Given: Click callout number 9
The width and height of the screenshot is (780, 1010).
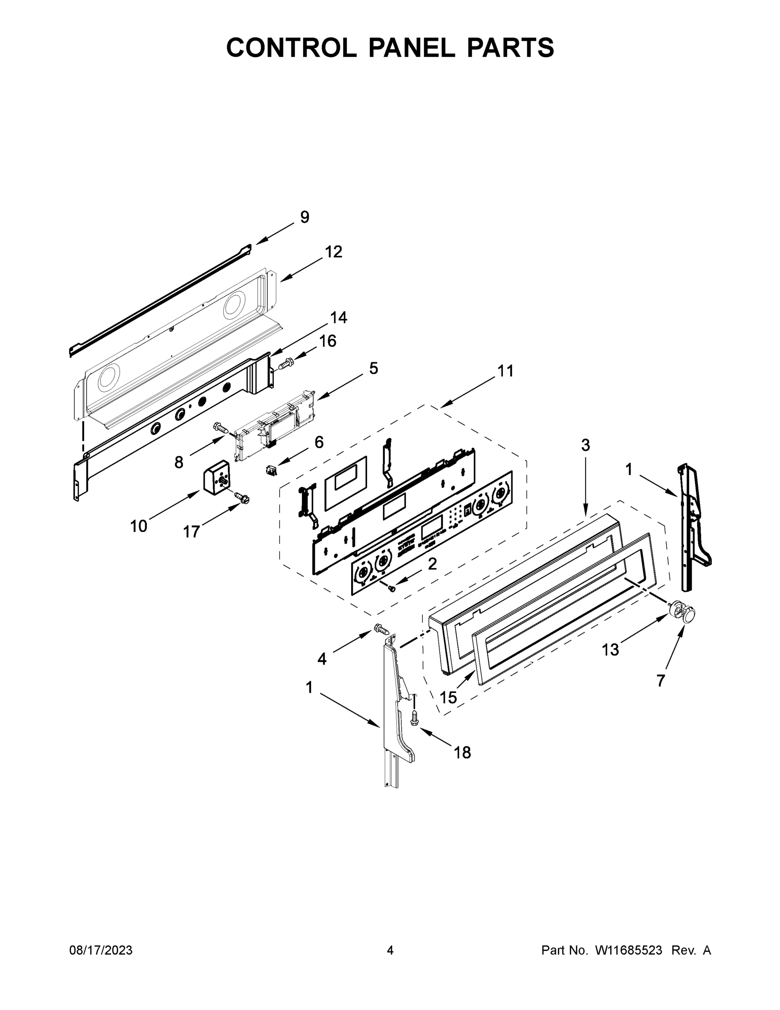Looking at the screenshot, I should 304,217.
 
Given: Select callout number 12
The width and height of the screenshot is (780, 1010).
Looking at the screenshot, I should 333,252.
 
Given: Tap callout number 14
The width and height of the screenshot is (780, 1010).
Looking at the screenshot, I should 338,318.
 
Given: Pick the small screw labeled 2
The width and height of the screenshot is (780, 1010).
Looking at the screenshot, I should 391,588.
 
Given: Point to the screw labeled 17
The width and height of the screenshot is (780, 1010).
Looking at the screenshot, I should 241,497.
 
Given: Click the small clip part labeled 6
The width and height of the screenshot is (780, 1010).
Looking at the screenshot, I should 270,471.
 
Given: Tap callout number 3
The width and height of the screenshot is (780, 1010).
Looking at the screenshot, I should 585,445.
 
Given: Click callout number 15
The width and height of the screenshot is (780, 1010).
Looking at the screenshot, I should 448,697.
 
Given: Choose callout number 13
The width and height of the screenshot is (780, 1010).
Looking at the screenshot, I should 610,650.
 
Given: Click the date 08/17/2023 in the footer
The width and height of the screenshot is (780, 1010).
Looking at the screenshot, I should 101,950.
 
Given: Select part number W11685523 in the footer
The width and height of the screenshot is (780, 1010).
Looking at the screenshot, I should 629,950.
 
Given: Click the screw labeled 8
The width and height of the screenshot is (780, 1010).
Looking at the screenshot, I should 220,428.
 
